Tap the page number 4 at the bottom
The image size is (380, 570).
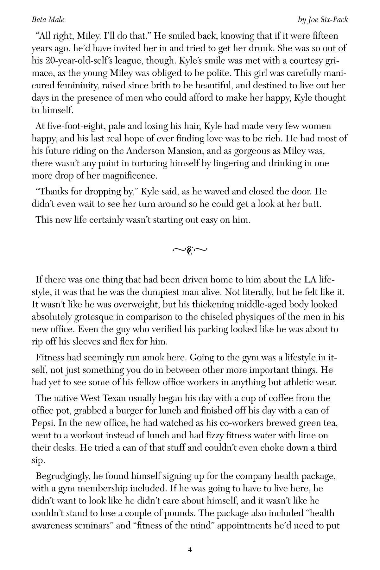tap(190, 550)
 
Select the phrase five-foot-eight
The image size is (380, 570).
tap(70, 126)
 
